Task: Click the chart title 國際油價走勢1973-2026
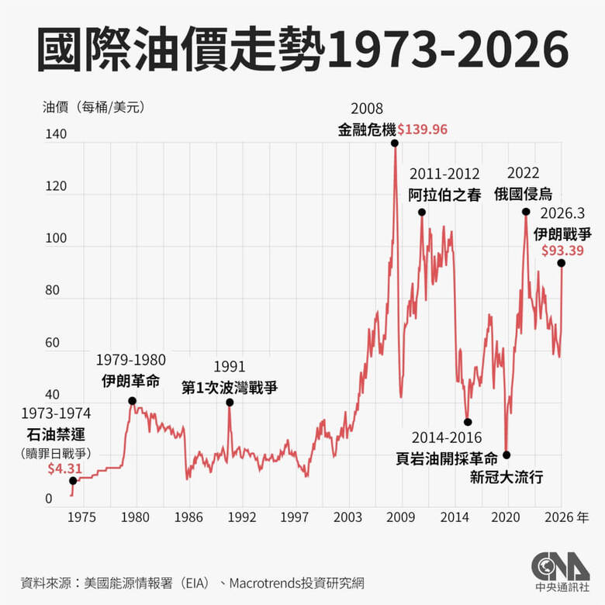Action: [x=302, y=52]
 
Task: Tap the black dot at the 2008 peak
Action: [x=395, y=143]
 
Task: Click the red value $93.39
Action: [x=562, y=250]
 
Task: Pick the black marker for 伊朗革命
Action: [x=132, y=401]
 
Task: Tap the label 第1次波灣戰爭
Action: [x=230, y=385]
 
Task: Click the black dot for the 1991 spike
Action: [x=230, y=403]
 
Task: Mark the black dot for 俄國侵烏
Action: [x=526, y=212]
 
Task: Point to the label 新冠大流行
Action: [x=506, y=477]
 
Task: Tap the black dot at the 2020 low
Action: [x=506, y=455]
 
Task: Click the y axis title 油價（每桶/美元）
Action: [x=93, y=108]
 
